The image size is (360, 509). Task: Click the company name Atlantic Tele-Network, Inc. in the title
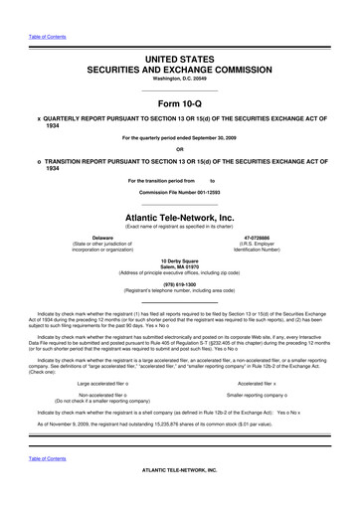pos(180,215)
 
